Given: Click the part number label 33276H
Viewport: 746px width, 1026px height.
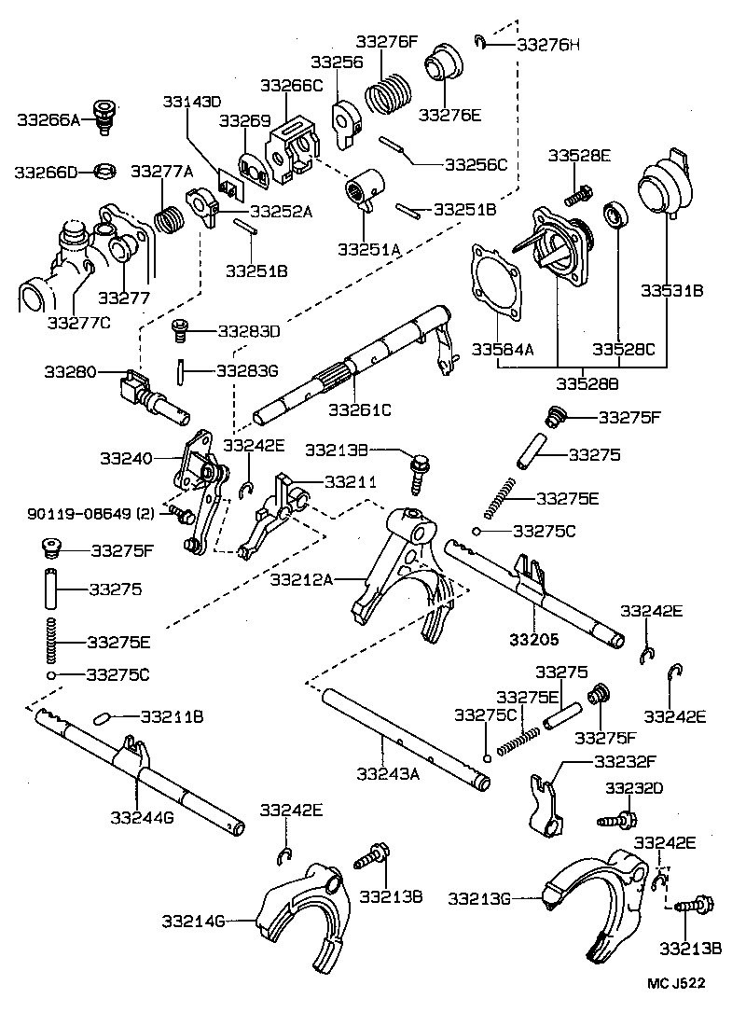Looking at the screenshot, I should (x=547, y=43).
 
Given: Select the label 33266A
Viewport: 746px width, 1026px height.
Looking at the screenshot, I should (x=48, y=119).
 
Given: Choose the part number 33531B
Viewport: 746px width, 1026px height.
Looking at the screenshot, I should (x=671, y=291).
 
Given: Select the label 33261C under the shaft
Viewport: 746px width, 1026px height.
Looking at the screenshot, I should (x=361, y=409).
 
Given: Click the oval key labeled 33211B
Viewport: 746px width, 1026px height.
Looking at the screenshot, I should (x=104, y=718).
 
